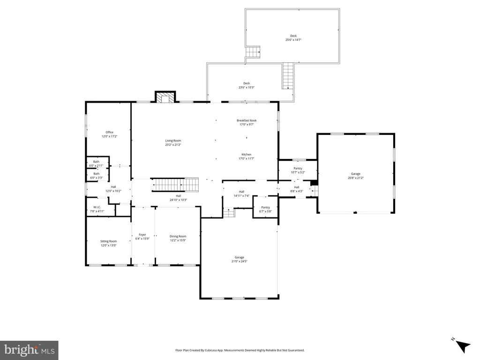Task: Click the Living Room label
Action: tap(172, 141)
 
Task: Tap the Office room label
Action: tap(109, 132)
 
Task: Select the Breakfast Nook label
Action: tap(246, 120)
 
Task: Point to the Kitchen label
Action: tap(246, 154)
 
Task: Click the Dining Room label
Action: tap(178, 236)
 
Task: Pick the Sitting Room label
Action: tap(108, 241)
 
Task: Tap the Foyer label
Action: tap(142, 234)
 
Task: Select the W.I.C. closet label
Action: tap(97, 207)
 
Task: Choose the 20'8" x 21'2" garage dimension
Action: tap(355, 178)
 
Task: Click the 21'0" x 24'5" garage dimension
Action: tap(239, 261)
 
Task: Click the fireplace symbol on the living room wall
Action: tap(165, 97)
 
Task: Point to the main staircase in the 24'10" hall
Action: tap(176, 185)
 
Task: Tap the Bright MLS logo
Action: tap(29, 350)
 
